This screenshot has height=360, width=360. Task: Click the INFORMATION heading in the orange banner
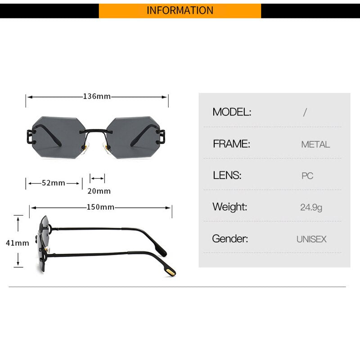[x=180, y=10]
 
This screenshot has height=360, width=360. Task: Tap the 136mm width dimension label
[x=97, y=96]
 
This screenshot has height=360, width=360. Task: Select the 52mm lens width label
[x=54, y=183]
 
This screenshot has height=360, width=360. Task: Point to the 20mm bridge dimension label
[x=99, y=191]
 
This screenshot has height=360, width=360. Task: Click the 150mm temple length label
[x=100, y=207]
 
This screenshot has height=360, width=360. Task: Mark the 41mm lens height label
[x=18, y=243]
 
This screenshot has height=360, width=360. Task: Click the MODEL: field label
[x=232, y=112]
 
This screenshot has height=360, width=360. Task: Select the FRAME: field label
[x=231, y=144]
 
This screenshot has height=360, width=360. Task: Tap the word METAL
[x=315, y=144]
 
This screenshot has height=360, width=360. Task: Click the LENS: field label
[x=227, y=175]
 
